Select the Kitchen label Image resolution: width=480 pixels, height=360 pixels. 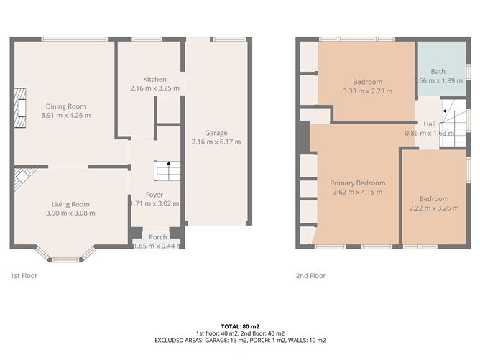pos(154,79)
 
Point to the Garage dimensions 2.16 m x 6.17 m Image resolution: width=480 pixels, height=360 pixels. pos(216,142)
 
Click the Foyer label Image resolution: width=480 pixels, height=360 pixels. pos(154,195)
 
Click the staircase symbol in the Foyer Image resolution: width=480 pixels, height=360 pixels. pos(161,171)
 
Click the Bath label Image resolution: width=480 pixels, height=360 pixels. pos(438,72)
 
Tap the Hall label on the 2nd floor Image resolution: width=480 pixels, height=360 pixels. pos(429,124)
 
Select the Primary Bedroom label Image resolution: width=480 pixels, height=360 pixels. pos(357,183)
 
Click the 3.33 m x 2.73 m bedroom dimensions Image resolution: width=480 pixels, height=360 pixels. pos(367,91)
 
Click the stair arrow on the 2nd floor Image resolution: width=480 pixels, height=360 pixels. pos(448,111)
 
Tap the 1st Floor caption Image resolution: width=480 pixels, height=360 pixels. pos(24,276)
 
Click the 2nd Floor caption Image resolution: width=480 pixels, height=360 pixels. pos(311,276)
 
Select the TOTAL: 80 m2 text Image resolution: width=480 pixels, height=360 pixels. pos(240,326)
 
